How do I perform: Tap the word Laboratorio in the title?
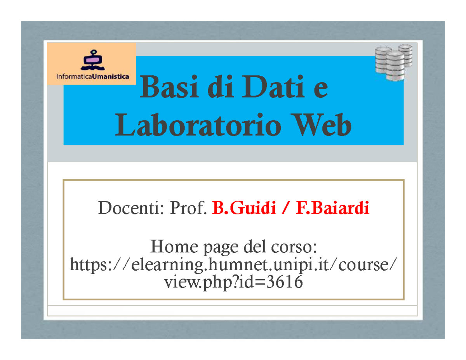point(197,126)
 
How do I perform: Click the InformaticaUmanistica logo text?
point(93,77)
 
